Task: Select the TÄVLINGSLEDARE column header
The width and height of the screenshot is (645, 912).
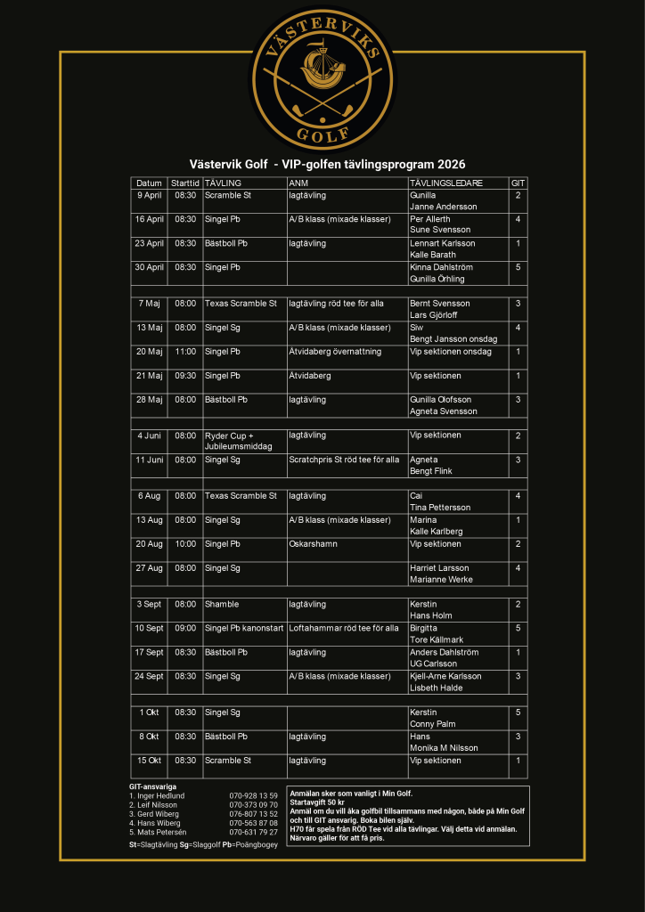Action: point(446,183)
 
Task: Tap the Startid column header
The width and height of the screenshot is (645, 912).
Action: point(185,183)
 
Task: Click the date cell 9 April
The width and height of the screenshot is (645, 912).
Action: point(150,195)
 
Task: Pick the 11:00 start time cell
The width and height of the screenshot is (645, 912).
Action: point(185,352)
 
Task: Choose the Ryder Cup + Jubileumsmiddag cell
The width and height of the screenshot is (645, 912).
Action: point(238,441)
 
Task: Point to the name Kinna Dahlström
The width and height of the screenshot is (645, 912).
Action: point(441,267)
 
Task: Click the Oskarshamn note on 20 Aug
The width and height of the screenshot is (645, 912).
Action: point(313,544)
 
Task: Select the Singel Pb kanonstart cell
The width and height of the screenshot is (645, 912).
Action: point(244,629)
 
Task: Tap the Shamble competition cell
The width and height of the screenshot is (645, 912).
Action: point(222,605)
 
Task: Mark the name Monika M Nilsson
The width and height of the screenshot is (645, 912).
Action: point(444,748)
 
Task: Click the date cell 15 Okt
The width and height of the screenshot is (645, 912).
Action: point(149,761)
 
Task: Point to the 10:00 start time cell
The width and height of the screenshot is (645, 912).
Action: point(185,544)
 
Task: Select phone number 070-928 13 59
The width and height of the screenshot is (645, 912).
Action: point(253,795)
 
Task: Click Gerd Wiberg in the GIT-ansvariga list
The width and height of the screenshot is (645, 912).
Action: point(157,814)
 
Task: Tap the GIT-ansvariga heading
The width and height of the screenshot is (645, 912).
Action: point(152,786)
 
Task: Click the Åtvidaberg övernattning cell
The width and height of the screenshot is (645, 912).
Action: point(335,352)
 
